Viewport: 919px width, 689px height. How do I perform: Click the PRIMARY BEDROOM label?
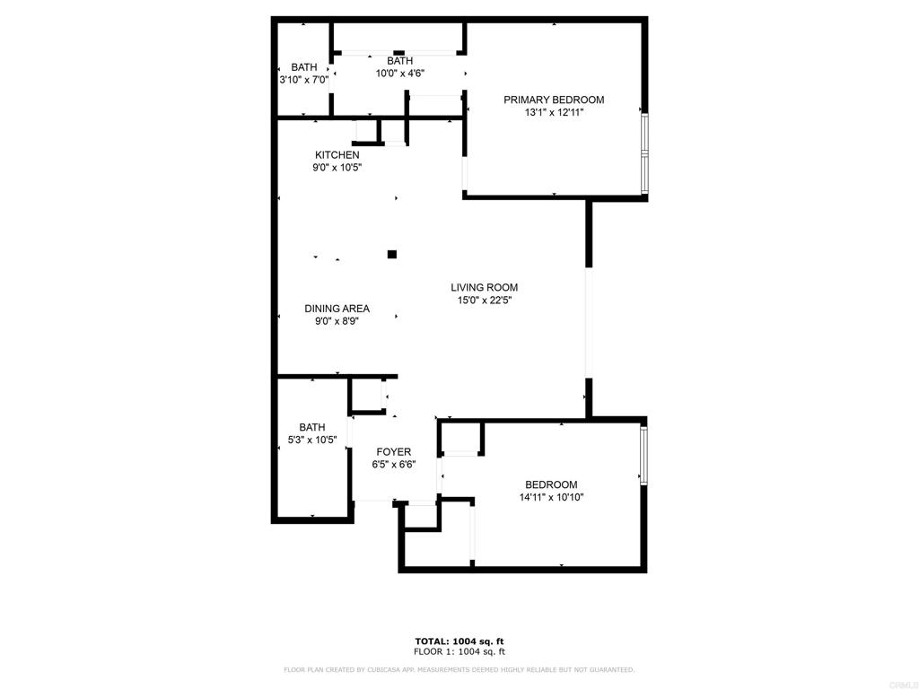click(x=554, y=100)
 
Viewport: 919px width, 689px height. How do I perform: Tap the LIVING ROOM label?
click(x=484, y=287)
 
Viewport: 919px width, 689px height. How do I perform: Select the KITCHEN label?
click(x=337, y=154)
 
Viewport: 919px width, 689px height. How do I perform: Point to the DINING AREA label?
click(x=337, y=309)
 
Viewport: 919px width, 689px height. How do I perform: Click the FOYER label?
click(x=394, y=452)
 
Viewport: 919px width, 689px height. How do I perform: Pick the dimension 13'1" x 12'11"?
click(x=555, y=112)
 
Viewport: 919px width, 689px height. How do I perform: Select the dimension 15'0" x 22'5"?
click(x=484, y=300)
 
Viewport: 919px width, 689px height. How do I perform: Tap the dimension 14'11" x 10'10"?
click(x=552, y=497)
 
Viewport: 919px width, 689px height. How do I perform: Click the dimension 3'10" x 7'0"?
click(x=303, y=80)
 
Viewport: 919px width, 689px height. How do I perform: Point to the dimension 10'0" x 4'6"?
click(x=399, y=74)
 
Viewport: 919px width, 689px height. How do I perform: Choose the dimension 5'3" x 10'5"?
click(x=312, y=440)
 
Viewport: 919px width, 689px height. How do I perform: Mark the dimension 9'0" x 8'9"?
click(x=337, y=321)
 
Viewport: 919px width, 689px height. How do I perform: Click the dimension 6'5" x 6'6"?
click(x=394, y=465)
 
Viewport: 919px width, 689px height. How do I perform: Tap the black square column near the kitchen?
click(x=392, y=254)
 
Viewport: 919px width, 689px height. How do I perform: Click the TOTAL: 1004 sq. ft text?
click(x=459, y=641)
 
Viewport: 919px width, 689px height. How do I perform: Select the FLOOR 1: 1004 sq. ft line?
click(x=459, y=651)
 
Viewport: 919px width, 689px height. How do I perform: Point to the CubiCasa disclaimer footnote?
click(x=459, y=669)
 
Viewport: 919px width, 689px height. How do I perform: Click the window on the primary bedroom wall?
click(x=644, y=153)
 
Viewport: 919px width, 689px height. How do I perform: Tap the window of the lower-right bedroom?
click(x=643, y=455)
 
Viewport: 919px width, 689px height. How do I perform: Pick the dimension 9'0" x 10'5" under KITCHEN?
click(x=337, y=168)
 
